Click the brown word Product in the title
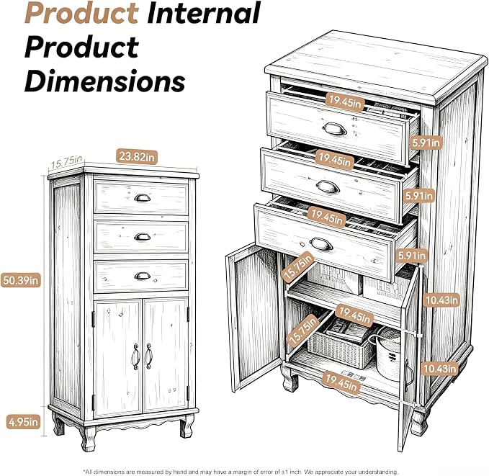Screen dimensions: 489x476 click(x=81, y=12)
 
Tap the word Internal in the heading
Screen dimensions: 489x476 click(x=204, y=12)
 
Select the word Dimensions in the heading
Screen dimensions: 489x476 click(x=105, y=81)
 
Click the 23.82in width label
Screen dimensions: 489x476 click(x=137, y=156)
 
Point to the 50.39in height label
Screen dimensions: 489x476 click(x=21, y=280)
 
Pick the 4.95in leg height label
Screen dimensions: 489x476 click(x=23, y=422)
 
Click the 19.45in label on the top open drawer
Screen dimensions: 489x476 click(x=345, y=102)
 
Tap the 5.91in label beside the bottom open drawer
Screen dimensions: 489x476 click(x=412, y=256)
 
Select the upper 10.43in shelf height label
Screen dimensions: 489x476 click(x=441, y=300)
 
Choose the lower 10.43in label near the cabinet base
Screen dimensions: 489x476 click(x=439, y=369)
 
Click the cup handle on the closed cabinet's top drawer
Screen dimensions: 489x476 click(x=142, y=198)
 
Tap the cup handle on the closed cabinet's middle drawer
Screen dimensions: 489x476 click(x=142, y=237)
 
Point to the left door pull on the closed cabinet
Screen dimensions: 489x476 click(x=135, y=356)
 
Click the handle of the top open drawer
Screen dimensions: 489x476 click(x=335, y=128)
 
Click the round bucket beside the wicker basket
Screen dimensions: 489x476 click(x=388, y=352)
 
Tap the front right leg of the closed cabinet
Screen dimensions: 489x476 click(x=187, y=426)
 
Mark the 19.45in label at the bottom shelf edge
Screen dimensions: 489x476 click(x=341, y=382)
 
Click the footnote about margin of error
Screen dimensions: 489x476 click(x=241, y=472)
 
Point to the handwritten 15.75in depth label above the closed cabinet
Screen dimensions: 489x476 click(x=66, y=162)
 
